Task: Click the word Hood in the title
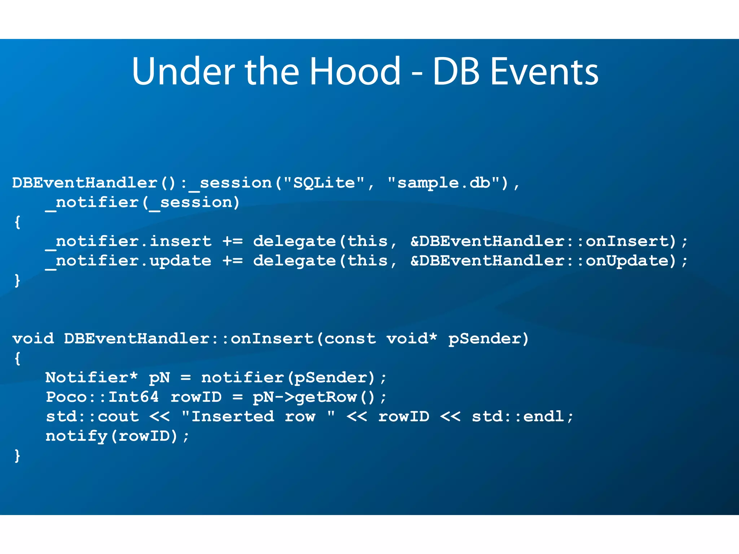(355, 71)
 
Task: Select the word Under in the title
(184, 71)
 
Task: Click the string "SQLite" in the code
(324, 183)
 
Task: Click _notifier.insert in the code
(128, 241)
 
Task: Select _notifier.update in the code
(128, 261)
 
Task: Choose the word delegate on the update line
(294, 261)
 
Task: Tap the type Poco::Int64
(102, 397)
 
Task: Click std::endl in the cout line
(518, 417)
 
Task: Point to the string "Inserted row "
(258, 417)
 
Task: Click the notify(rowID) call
(112, 436)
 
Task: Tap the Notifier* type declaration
(91, 378)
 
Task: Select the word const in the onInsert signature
(350, 339)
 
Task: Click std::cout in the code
(92, 417)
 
